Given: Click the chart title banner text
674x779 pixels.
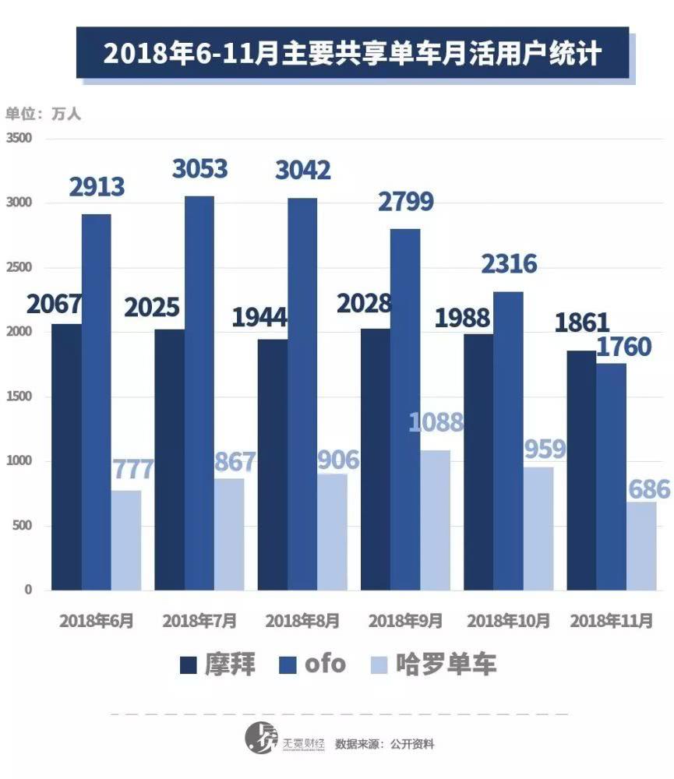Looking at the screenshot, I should [x=352, y=54].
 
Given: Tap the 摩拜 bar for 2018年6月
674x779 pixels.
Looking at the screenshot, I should [x=66, y=456].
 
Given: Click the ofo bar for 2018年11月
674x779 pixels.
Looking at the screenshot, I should [x=611, y=476].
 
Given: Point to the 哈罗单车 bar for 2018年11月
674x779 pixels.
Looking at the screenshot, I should [x=641, y=545].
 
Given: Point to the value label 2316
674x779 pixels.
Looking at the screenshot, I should [x=508, y=264].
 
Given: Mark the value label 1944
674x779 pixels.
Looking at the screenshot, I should [x=259, y=317].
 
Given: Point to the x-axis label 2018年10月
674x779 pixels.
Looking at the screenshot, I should [x=508, y=621].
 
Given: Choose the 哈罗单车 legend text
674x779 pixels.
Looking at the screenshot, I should [x=446, y=664].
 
